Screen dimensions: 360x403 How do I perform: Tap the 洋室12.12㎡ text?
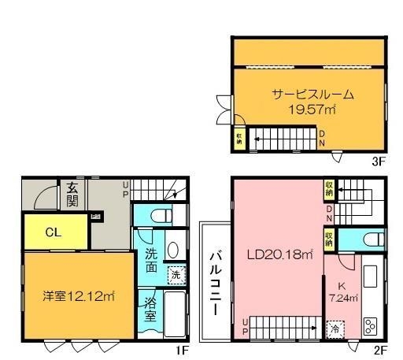79,297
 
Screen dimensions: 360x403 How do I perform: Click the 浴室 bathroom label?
150,308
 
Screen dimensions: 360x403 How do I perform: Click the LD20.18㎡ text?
280,254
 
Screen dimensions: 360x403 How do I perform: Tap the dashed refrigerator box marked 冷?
335,328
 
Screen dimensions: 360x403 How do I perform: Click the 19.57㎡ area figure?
312,110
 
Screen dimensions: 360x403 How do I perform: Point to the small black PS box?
96,217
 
